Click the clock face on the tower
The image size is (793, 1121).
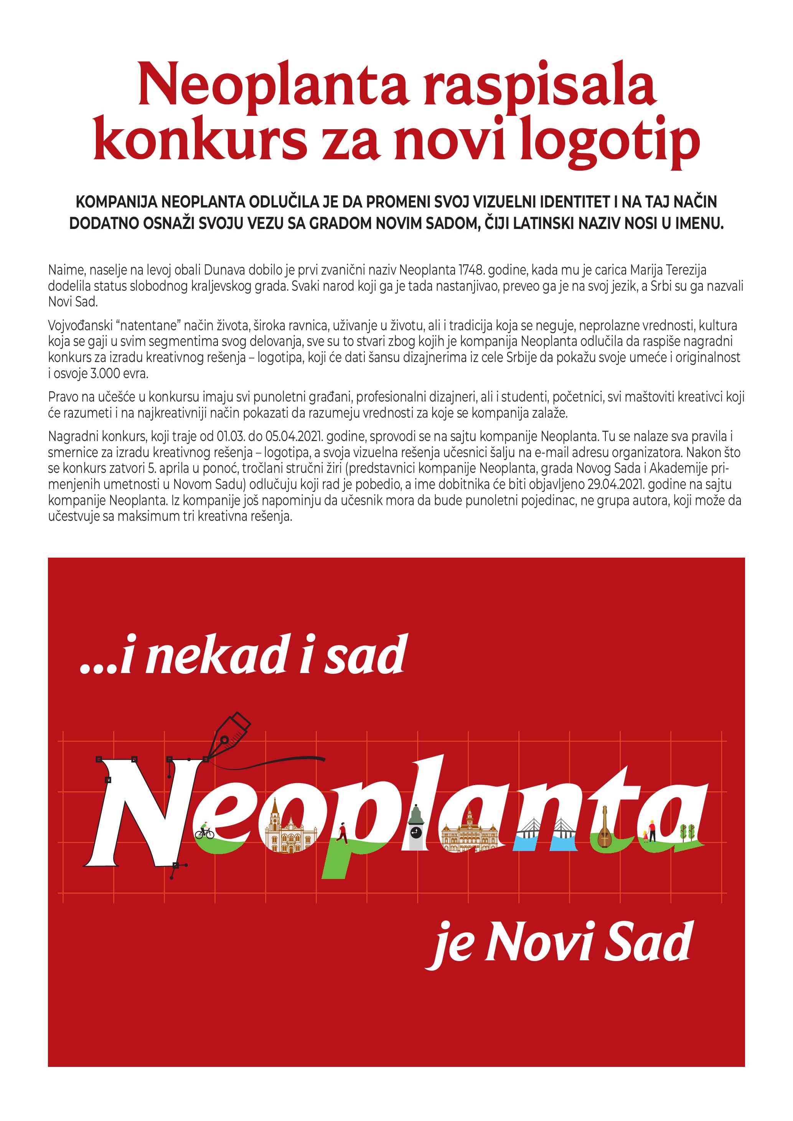pyautogui.click(x=415, y=832)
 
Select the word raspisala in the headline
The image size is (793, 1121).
pyautogui.click(x=539, y=86)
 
